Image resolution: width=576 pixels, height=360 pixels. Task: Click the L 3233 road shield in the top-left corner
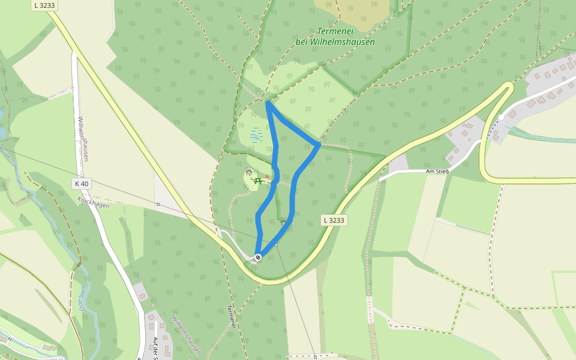[45, 5]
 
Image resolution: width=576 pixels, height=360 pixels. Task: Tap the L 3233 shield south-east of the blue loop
[334, 220]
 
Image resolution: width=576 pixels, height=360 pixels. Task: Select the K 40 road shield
[82, 184]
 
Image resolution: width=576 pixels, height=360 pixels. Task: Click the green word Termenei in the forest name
[335, 32]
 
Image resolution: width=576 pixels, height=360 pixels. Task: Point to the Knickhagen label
[93, 203]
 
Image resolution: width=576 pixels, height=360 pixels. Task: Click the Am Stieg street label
[437, 171]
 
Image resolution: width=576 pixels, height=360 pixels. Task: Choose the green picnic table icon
[258, 180]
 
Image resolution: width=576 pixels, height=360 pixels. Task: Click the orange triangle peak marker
[267, 177]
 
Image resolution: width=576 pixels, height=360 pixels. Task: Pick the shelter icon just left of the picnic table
[249, 173]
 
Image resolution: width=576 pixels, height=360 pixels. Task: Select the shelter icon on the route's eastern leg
[283, 223]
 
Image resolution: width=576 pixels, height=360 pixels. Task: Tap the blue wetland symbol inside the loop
[256, 134]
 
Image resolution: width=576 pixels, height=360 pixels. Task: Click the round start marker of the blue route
[258, 257]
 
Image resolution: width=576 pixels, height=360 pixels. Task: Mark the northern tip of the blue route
[268, 103]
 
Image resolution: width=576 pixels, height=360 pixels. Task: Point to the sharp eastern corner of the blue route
[318, 144]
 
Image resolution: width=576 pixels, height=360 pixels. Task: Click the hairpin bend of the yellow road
[509, 88]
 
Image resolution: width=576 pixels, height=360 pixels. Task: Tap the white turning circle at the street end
[501, 117]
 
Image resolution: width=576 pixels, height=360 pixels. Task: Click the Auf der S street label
[155, 348]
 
